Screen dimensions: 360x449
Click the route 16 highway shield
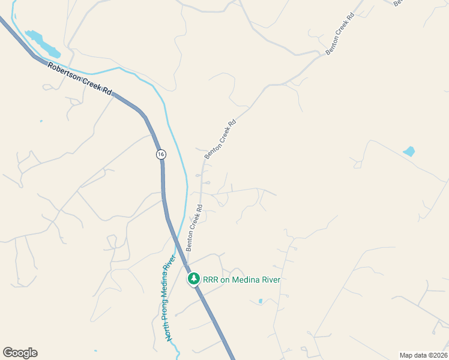click(160, 154)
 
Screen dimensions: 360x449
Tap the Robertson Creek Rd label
click(80, 78)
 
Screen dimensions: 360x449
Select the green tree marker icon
click(194, 279)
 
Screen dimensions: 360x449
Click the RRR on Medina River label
click(241, 280)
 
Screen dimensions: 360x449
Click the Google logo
click(20, 353)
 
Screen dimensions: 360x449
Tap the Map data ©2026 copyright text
click(423, 355)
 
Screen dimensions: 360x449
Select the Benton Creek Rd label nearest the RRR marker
click(194, 227)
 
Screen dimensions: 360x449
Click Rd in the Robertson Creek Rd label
click(107, 91)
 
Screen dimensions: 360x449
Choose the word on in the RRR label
click(229, 280)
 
